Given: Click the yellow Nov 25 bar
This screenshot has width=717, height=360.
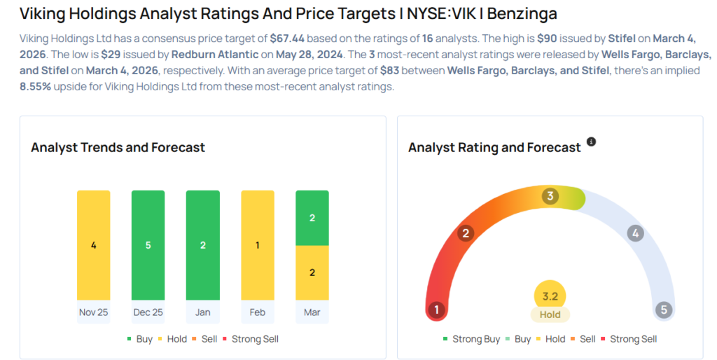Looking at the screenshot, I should pos(93,245).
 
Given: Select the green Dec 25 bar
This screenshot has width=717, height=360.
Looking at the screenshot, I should pos(148,245).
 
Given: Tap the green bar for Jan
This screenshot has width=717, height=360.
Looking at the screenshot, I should pos(202,245).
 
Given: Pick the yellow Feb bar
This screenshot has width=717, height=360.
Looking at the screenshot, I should pos(257,245).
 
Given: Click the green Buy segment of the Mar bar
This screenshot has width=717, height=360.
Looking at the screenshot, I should pos(312,218).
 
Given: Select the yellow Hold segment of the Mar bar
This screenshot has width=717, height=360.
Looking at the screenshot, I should pos(312,272).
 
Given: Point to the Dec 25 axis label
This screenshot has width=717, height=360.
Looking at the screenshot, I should pos(148,312).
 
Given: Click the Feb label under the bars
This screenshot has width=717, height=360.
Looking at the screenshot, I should pos(257,312).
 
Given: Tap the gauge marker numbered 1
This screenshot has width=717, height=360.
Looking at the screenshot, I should pos(437,310).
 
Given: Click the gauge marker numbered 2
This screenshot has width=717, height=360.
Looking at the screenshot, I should pos(465,233).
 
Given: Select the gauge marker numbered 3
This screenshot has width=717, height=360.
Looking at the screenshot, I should pos(550,196).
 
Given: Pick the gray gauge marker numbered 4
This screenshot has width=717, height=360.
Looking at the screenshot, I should pos(635,233).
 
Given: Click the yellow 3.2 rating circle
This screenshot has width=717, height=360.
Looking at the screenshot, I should pos(550,296).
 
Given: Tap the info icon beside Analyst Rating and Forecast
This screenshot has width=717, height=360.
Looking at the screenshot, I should pos(591,142).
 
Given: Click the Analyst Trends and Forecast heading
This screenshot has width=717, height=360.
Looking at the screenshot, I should pos(118,147).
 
